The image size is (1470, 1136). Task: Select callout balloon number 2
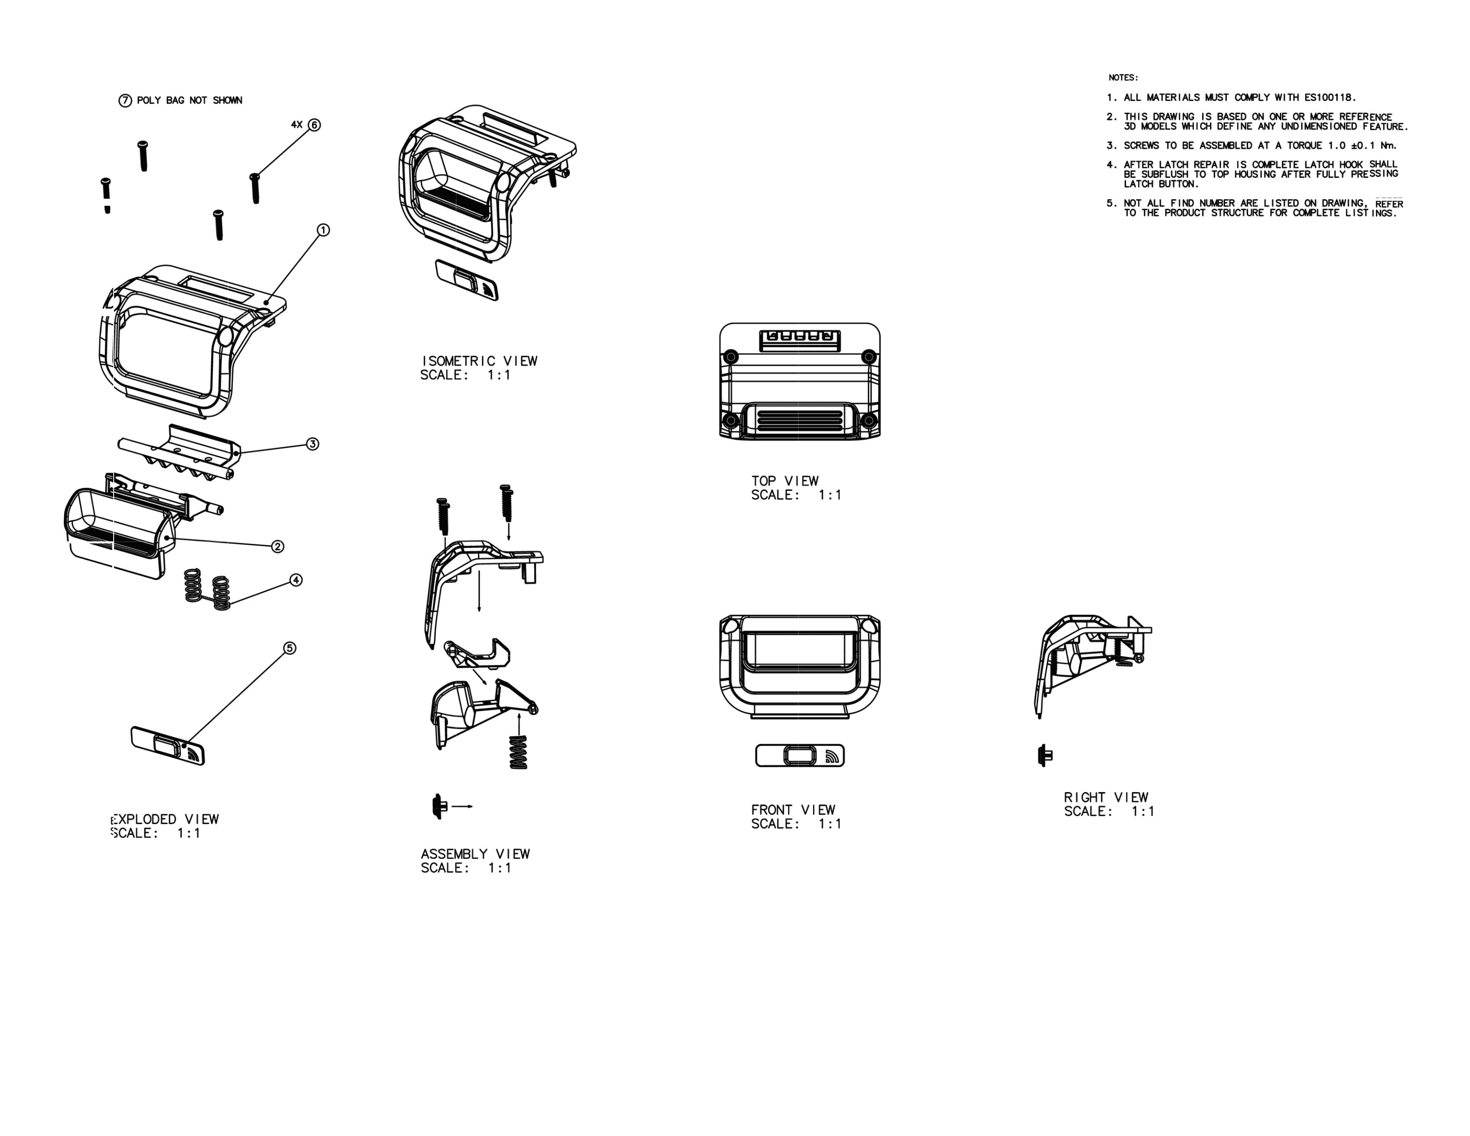[277, 547]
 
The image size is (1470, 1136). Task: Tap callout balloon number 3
[312, 444]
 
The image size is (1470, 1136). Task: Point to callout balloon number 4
[296, 580]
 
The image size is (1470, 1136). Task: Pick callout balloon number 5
[290, 648]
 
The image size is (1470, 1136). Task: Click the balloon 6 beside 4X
[314, 125]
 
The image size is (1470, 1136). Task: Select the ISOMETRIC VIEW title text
[479, 361]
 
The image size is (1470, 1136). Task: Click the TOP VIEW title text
[785, 481]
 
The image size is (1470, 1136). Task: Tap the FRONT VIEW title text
[793, 810]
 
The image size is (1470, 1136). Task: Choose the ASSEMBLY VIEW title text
[475, 854]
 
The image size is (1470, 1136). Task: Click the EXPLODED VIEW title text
[166, 819]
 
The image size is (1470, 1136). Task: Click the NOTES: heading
[1123, 77]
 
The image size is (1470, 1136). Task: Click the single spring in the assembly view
[518, 752]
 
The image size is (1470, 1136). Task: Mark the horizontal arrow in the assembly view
[462, 806]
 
